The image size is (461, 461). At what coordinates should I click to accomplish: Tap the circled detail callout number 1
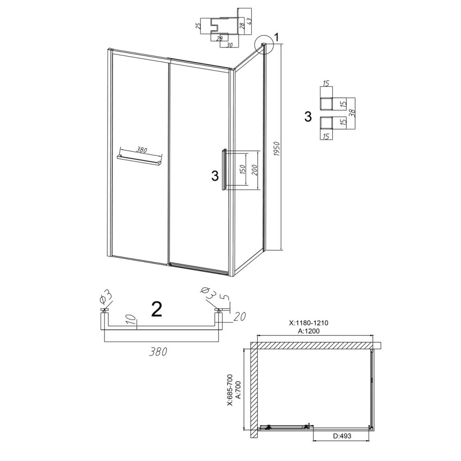[277, 37]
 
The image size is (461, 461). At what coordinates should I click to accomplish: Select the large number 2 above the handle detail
[156, 310]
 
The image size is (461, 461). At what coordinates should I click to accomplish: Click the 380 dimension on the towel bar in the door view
[141, 150]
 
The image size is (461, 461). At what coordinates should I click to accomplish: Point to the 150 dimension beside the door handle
[243, 170]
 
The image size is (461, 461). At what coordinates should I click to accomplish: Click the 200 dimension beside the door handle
[254, 170]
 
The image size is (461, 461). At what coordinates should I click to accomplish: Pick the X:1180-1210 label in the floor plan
[308, 323]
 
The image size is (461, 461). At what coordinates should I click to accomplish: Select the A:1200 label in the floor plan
[309, 331]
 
